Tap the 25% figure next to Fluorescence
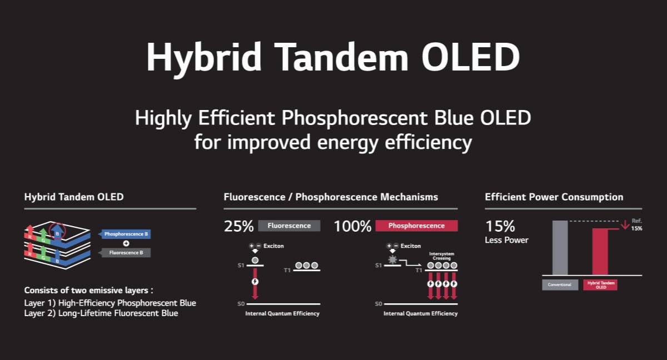(x=238, y=226)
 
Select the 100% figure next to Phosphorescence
(x=352, y=226)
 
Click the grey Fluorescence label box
(x=289, y=226)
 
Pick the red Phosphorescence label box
(x=416, y=226)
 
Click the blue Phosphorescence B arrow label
(x=125, y=234)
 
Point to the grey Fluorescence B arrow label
(x=125, y=253)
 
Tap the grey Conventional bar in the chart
(x=560, y=248)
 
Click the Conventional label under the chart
(x=560, y=285)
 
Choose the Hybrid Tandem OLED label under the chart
(x=600, y=285)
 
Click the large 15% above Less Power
(x=500, y=227)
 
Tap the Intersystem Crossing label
(x=441, y=256)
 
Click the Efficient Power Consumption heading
(x=554, y=197)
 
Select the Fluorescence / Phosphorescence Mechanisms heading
(x=331, y=197)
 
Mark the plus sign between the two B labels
(x=126, y=243)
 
